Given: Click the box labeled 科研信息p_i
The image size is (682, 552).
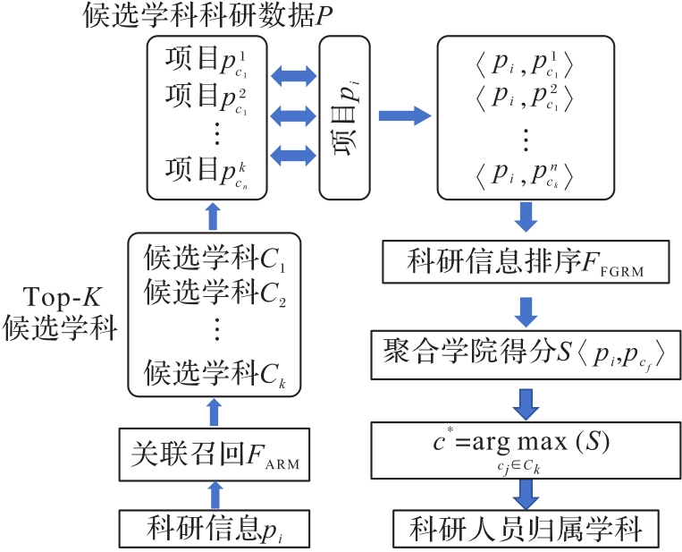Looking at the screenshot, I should coord(212,530).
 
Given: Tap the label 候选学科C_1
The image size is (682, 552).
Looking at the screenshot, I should coord(212,260).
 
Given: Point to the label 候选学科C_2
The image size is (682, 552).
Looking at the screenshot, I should coord(212,293).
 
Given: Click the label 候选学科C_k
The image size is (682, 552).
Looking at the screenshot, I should coord(212,369).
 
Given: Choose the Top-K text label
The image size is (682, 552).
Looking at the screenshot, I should coord(59,295).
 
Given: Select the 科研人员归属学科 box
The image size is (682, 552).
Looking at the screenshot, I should coord(526,530).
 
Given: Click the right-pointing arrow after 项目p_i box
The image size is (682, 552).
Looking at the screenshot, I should coord(403,115).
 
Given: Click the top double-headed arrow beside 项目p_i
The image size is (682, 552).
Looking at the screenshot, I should coord(294,74).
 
